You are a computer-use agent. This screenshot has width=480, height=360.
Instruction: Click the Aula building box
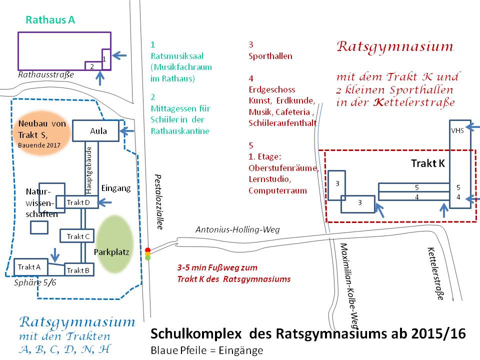click(x=96, y=131)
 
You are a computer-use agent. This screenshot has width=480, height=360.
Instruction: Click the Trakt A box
click(x=29, y=267)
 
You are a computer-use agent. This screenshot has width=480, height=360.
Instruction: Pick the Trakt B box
click(x=78, y=270)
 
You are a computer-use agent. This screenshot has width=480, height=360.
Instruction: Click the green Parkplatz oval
click(x=114, y=244)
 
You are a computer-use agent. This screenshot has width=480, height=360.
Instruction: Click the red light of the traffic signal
click(x=147, y=250)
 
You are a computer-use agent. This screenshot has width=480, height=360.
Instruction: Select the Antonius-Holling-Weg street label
click(x=237, y=229)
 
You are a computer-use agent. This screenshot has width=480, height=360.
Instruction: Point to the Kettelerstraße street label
click(x=435, y=273)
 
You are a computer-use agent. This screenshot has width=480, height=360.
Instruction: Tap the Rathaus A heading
click(x=50, y=20)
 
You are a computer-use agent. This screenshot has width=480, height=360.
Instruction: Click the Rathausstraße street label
click(x=45, y=74)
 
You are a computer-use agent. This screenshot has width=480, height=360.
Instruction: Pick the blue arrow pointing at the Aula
click(x=129, y=131)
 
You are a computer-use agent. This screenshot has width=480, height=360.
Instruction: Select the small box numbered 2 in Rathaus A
click(x=91, y=66)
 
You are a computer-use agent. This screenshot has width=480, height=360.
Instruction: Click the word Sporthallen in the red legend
click(x=270, y=56)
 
